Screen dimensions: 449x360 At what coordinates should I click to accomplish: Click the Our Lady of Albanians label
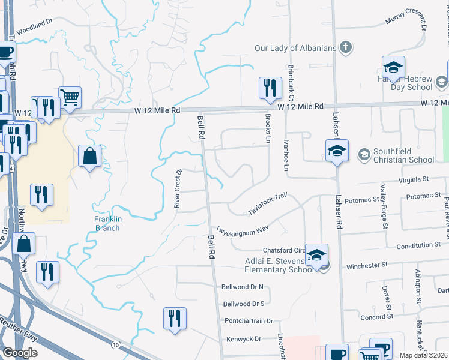pyautogui.click(x=294, y=47)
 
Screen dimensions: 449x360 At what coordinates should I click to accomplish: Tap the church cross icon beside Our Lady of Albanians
pyautogui.click(x=345, y=47)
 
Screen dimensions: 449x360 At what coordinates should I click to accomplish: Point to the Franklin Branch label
pyautogui.click(x=108, y=223)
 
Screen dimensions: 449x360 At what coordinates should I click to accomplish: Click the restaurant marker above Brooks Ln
pyautogui.click(x=270, y=88)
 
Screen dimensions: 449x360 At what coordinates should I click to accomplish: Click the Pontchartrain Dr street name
pyautogui.click(x=248, y=321)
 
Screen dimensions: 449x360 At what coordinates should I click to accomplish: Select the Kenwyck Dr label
pyautogui.click(x=244, y=339)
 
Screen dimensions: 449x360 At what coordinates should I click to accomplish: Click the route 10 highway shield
pyautogui.click(x=115, y=344)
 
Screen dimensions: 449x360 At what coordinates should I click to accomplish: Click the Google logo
pyautogui.click(x=20, y=353)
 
